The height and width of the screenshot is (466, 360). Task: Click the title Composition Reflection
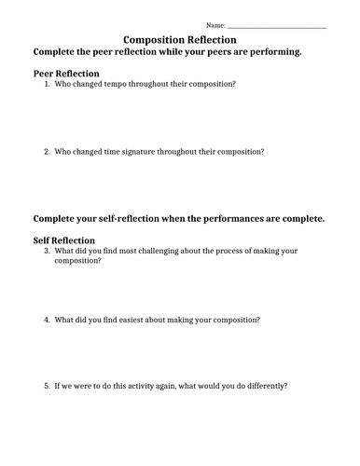180,40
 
